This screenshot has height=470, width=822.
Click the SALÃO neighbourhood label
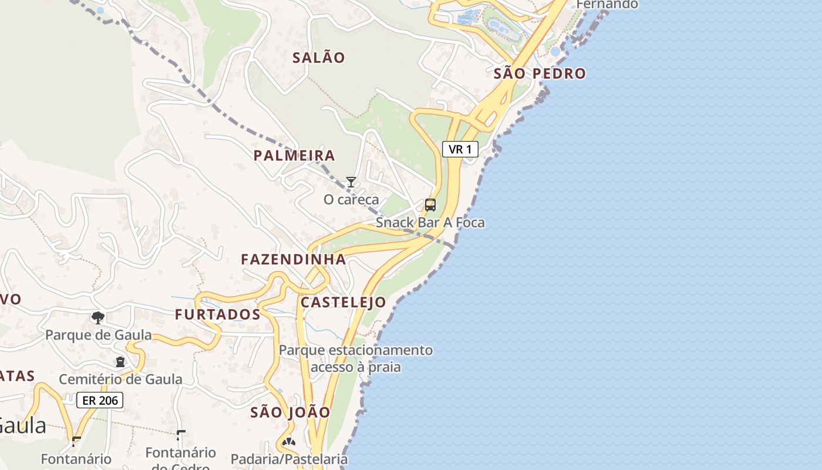click(319, 58)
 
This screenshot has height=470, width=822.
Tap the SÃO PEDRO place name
click(540, 73)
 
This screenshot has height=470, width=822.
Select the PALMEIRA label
click(294, 156)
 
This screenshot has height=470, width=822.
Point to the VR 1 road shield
click(460, 149)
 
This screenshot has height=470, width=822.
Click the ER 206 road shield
click(100, 401)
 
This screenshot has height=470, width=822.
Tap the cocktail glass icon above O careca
click(351, 182)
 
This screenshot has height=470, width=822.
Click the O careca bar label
click(351, 200)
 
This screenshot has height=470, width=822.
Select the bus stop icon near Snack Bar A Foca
click(430, 205)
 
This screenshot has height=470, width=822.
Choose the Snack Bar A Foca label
click(430, 223)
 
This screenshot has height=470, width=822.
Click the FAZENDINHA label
click(294, 259)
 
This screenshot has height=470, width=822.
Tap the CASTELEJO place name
click(343, 303)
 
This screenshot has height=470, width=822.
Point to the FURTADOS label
click(218, 315)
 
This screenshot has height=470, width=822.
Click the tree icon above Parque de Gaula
click(98, 318)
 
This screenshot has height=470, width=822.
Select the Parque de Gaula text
click(99, 335)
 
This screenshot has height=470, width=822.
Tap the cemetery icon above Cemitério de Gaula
click(120, 362)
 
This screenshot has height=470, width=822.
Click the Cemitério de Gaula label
click(120, 380)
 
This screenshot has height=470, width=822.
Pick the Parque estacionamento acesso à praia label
click(356, 359)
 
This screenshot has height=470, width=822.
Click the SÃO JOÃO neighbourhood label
click(291, 412)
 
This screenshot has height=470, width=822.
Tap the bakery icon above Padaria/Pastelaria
click(288, 442)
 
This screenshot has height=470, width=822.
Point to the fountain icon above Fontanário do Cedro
click(181, 435)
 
